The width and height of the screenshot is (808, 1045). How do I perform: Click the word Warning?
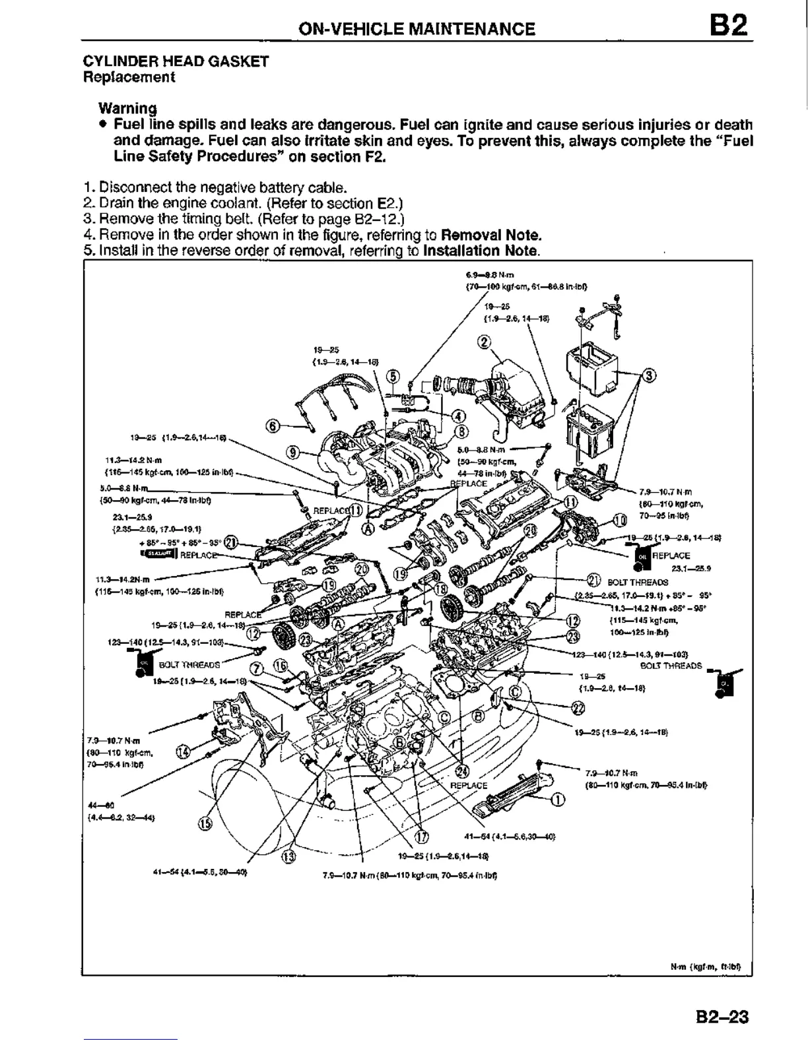[x=127, y=108]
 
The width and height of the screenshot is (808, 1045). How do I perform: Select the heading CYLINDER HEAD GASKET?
[x=176, y=61]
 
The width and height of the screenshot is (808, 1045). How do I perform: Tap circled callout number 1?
[x=558, y=800]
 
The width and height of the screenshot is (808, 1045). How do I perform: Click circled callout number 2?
[x=484, y=341]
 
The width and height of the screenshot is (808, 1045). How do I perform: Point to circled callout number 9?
[x=294, y=452]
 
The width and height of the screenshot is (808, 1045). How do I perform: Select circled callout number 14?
[x=184, y=753]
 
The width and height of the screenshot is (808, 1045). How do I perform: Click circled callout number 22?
[x=578, y=709]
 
